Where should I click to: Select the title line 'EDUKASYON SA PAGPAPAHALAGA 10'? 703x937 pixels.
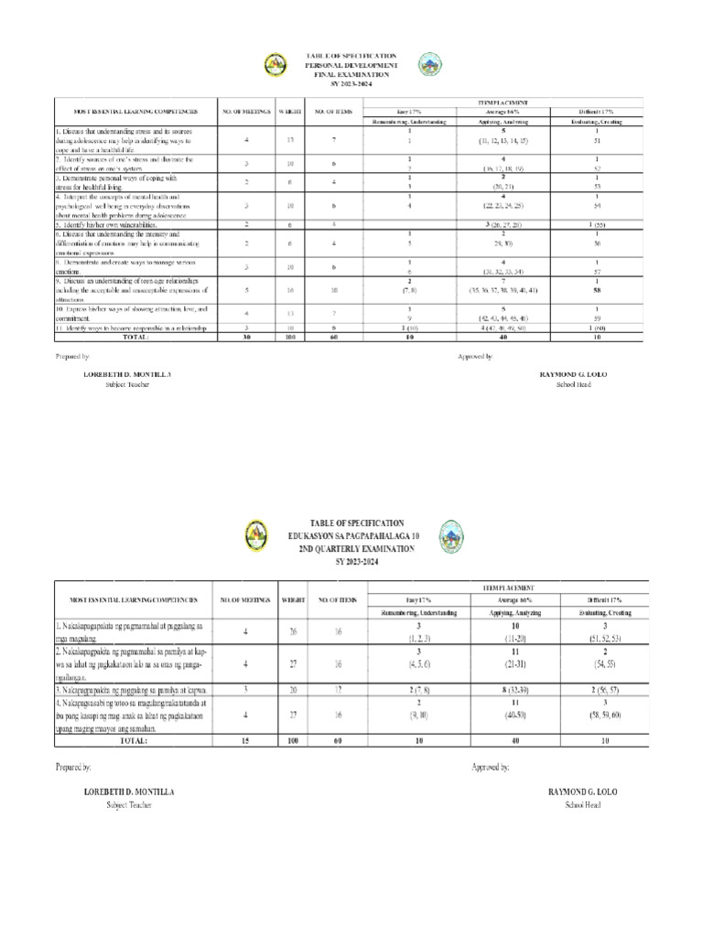(x=352, y=537)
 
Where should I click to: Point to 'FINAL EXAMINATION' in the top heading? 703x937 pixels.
(x=351, y=76)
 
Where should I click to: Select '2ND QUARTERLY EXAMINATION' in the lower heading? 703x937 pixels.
(x=352, y=548)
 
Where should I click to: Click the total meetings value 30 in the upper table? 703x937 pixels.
(x=245, y=337)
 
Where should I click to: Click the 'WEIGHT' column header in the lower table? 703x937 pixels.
(x=292, y=599)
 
